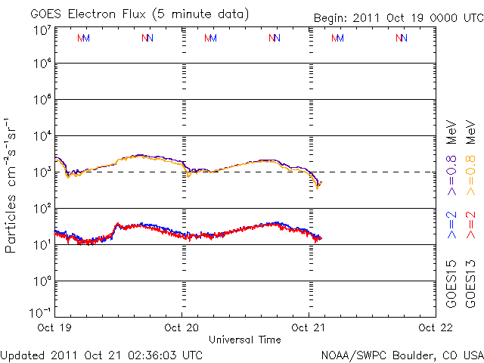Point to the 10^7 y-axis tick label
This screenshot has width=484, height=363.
click(x=42, y=30)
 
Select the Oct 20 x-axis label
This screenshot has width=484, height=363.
click(x=181, y=327)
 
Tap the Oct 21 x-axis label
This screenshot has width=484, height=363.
click(x=309, y=327)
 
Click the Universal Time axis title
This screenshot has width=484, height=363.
click(x=244, y=340)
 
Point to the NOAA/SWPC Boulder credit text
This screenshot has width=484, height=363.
click(x=402, y=355)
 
